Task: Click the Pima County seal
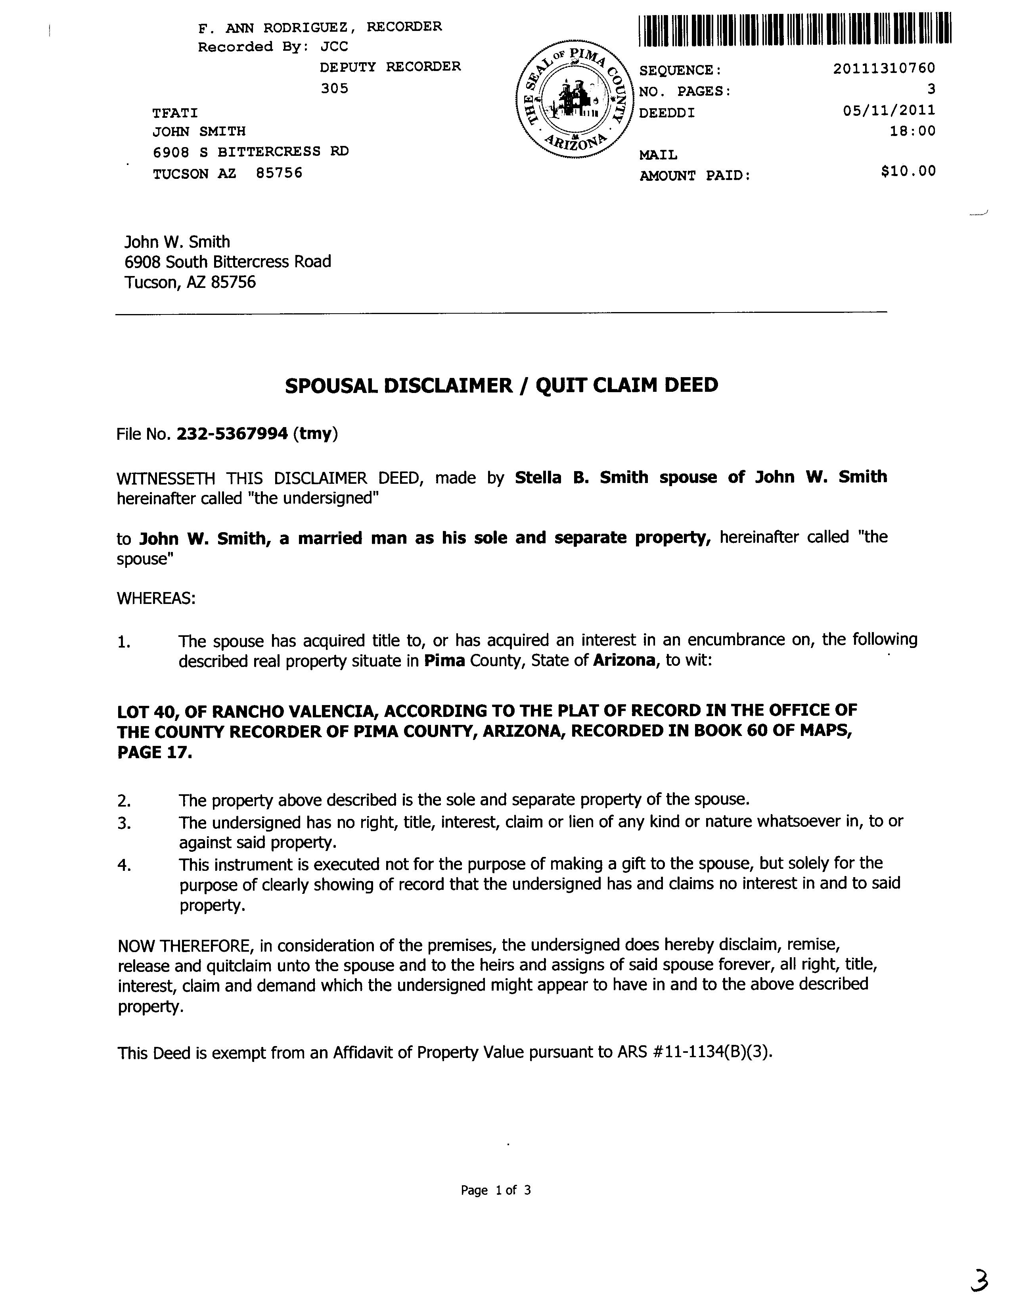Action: [573, 100]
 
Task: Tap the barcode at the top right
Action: [794, 30]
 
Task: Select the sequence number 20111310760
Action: [883, 69]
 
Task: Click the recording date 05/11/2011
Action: [888, 110]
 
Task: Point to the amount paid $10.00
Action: [908, 171]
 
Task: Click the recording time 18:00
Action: [912, 131]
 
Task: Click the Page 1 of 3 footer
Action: [496, 1190]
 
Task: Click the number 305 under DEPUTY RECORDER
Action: [334, 88]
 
